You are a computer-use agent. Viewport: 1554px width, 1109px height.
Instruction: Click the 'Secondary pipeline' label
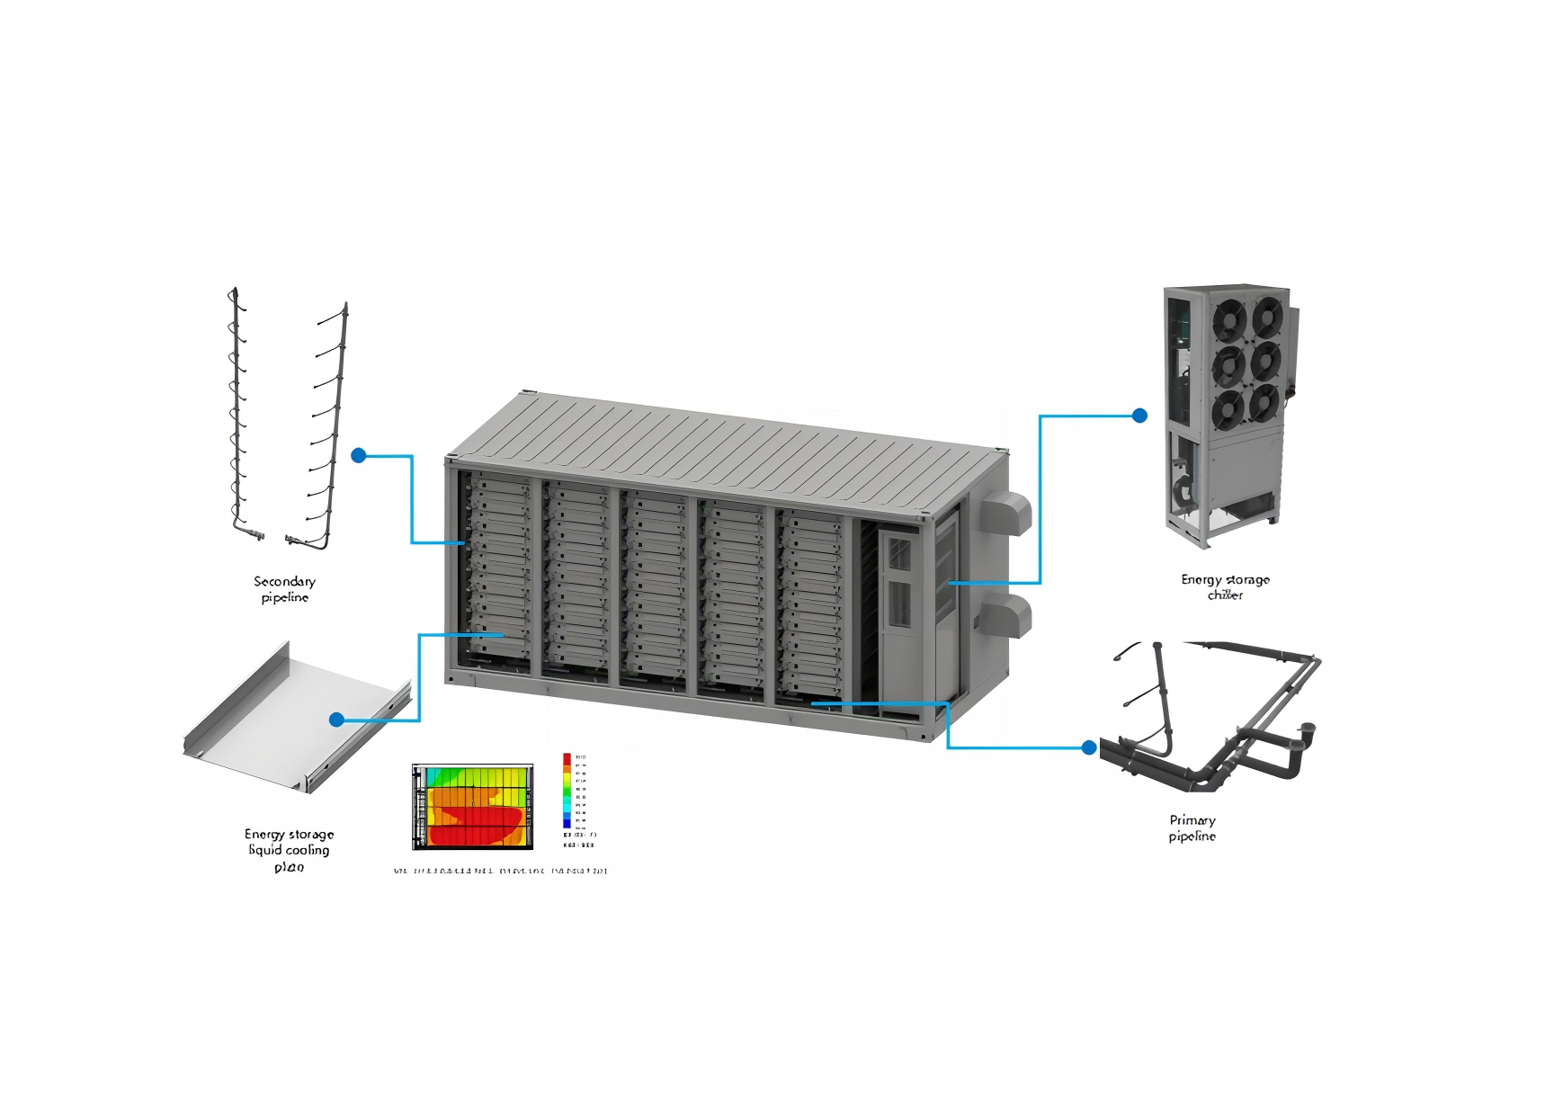(x=284, y=589)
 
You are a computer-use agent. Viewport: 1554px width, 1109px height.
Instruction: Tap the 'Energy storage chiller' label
(x=1225, y=586)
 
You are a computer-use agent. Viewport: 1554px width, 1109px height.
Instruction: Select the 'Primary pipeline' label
(x=1192, y=827)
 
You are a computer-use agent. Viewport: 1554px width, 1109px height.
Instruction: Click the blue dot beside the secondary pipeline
(x=359, y=455)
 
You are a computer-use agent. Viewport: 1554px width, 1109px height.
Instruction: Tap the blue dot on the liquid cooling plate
(x=336, y=720)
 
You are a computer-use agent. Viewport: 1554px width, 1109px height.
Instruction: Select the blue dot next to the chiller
(x=1139, y=416)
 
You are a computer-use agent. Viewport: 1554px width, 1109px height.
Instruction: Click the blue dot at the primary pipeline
(x=1089, y=747)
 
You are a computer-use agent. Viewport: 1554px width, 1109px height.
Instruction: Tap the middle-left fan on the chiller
(x=1228, y=365)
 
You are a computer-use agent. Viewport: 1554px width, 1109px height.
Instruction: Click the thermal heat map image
(x=472, y=807)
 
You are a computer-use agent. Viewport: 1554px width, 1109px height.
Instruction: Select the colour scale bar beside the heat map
(x=567, y=791)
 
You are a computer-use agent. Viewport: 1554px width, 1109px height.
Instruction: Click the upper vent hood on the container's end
(x=1004, y=513)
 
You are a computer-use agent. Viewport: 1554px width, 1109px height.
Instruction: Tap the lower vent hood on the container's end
(x=1005, y=616)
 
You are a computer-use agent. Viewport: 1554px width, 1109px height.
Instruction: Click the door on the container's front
(x=899, y=612)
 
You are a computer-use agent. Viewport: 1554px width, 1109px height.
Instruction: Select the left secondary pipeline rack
(x=237, y=414)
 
